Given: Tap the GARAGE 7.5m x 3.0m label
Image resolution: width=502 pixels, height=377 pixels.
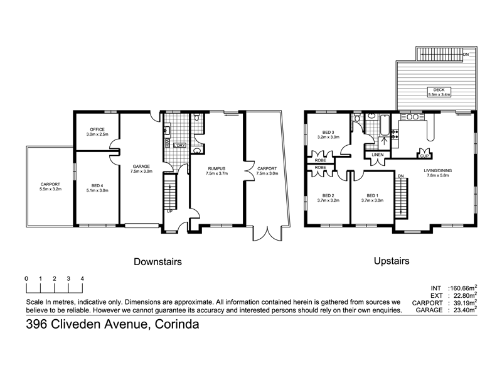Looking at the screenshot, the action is (x=141, y=168).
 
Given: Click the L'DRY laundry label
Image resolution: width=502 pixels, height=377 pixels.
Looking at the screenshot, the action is (x=179, y=145).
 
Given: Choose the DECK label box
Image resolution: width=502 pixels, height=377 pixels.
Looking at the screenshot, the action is (x=439, y=92).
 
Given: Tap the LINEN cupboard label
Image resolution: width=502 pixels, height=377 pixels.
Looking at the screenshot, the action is (x=378, y=155).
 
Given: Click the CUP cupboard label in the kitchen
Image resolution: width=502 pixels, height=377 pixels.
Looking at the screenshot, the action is (x=424, y=156).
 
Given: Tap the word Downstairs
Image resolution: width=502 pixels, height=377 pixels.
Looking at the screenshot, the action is (x=158, y=261).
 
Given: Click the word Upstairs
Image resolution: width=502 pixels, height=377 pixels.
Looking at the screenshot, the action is (x=392, y=261).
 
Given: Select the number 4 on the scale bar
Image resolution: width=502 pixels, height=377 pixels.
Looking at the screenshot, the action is (x=82, y=278).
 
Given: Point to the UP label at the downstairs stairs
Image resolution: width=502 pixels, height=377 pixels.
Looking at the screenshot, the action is (x=169, y=211).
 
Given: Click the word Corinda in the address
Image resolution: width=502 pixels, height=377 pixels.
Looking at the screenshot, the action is (x=177, y=324).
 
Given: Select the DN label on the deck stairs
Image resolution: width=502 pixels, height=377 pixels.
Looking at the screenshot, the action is (x=466, y=55).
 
